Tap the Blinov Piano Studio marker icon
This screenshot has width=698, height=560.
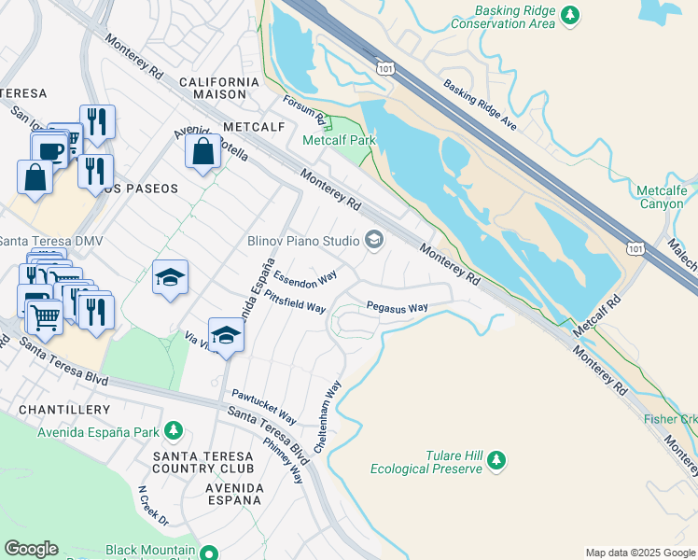coord(374,241)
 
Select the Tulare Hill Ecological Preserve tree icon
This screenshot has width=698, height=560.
coord(497,460)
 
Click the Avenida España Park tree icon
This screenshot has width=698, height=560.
coord(173,430)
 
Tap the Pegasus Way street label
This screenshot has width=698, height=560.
coord(397,306)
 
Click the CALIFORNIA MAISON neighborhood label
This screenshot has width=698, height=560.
coord(219,90)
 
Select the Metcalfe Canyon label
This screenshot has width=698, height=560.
coord(662,197)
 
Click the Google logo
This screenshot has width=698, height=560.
coord(31,549)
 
